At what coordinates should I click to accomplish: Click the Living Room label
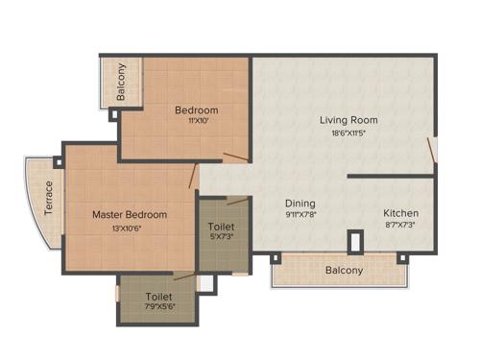[348, 120]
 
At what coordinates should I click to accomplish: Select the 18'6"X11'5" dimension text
[348, 133]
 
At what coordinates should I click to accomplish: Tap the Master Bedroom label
[130, 214]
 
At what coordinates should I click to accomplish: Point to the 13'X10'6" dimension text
[130, 228]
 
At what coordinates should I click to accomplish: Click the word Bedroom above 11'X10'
[196, 109]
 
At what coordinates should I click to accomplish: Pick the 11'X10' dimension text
[196, 122]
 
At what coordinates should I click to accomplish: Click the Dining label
[300, 204]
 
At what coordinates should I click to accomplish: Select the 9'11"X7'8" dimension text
[300, 216]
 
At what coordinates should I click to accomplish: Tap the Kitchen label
[400, 212]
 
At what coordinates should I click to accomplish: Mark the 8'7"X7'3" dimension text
[400, 225]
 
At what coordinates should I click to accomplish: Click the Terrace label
[48, 198]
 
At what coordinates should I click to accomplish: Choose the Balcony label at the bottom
[344, 271]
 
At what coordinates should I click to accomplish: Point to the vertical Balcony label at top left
[121, 82]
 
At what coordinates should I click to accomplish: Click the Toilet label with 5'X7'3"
[222, 227]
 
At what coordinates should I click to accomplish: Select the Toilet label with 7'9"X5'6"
[159, 297]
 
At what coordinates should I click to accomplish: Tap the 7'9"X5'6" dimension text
[159, 309]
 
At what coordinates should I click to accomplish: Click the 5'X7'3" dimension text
[222, 238]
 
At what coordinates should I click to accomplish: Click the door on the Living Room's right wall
[433, 149]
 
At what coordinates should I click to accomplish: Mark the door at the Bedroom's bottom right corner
[236, 156]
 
